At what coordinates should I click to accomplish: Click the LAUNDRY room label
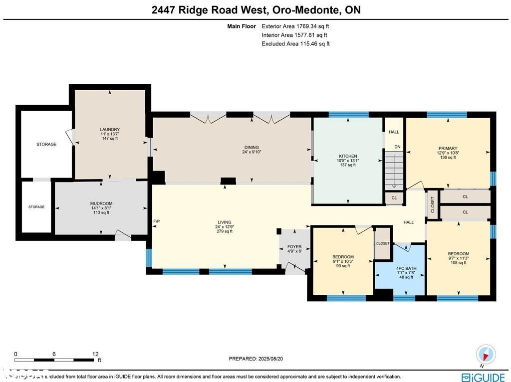[x=110, y=130]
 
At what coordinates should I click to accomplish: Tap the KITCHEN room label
[x=347, y=156]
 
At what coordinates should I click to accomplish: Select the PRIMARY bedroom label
[x=448, y=149]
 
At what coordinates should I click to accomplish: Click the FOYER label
[x=294, y=247]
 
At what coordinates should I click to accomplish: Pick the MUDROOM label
[x=101, y=203]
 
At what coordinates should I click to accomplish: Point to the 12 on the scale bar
[x=95, y=354]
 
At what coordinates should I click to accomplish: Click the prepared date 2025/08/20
[x=255, y=359]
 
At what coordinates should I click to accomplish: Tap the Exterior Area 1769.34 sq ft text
[x=295, y=26]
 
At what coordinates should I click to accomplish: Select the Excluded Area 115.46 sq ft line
[x=295, y=44]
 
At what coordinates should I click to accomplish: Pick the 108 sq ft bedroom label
[x=458, y=262]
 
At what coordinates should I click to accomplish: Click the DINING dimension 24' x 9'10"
[x=252, y=152]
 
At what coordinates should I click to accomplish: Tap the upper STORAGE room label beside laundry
[x=46, y=145]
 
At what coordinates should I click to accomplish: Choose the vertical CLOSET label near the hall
[x=433, y=204]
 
